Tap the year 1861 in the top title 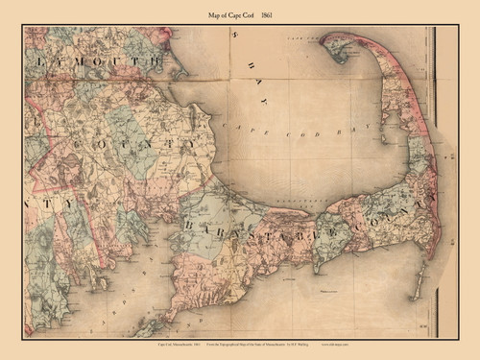coord(281,12)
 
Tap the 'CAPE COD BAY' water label coord(278,134)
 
